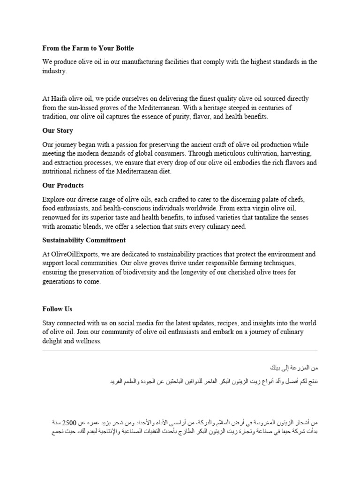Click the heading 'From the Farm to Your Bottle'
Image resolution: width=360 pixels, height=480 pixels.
point(88,48)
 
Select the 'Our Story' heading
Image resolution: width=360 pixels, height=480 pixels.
point(58,130)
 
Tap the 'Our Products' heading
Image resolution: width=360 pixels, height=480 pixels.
point(63,185)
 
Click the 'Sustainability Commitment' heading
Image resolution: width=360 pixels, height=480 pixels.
point(84,240)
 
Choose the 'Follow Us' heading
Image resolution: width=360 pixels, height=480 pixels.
point(57,309)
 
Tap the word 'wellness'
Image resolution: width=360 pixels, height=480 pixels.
point(87,341)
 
